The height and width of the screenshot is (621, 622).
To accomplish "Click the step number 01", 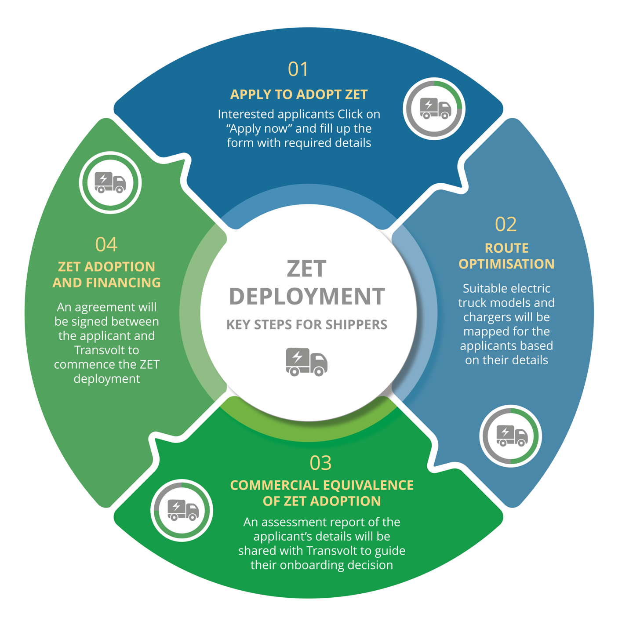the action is [298, 69].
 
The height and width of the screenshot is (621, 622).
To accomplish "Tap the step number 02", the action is [506, 224].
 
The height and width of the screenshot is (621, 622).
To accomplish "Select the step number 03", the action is [320, 463].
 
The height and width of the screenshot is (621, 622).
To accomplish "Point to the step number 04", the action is [106, 244].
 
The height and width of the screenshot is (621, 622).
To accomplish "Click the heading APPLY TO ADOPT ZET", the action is [298, 94].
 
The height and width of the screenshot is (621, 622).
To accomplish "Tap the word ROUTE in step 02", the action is [506, 248].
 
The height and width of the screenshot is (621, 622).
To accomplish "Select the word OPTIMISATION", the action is [506, 264].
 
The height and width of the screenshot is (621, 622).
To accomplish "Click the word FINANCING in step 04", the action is [123, 283].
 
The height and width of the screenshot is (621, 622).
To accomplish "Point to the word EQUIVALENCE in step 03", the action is [368, 486].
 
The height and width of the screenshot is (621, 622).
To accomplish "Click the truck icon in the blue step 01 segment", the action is [435, 108].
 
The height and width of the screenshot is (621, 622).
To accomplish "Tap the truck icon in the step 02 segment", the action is [512, 436].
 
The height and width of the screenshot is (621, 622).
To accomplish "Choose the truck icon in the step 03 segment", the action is [183, 510].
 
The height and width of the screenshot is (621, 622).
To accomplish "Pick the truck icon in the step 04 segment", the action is [110, 182].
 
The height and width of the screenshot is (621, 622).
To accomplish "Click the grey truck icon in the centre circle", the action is [306, 362].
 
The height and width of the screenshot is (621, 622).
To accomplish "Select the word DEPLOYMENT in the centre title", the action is [307, 296].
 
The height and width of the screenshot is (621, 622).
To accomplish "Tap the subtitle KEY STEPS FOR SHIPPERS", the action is [307, 325].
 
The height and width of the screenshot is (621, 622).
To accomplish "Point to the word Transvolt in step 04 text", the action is [106, 350].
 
